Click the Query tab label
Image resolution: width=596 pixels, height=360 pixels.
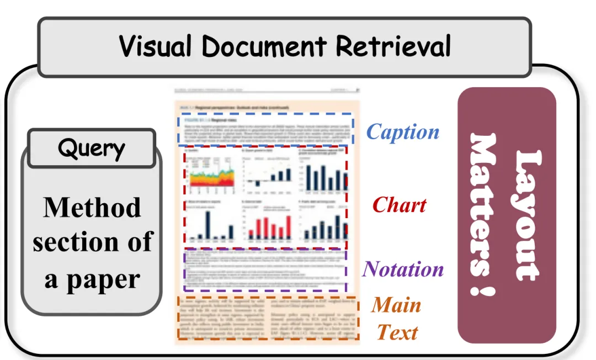pos(91,149)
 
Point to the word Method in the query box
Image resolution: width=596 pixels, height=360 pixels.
pos(92,208)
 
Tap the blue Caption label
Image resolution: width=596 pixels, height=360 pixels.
pos(403,132)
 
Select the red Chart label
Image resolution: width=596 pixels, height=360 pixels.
pos(399,205)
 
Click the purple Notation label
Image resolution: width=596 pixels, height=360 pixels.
pos(403,269)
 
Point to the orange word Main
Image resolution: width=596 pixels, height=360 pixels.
pos(396,305)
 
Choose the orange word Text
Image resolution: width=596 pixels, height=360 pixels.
pos(397,332)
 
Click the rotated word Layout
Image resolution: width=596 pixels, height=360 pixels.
pos(524,215)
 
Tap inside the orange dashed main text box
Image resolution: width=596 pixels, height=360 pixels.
pos(268,317)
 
